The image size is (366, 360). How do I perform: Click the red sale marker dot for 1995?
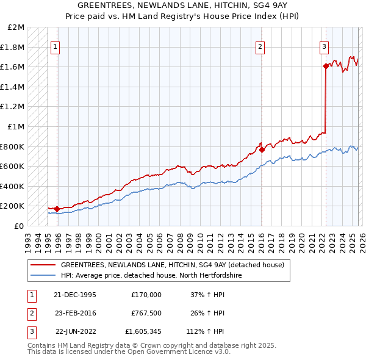57,209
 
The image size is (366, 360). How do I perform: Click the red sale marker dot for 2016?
261,149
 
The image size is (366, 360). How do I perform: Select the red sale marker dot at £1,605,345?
326,67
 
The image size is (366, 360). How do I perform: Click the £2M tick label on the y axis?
16,27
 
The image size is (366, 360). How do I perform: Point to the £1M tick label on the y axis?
16,126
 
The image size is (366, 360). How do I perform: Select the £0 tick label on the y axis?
19,226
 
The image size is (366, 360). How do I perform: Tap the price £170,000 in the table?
146,294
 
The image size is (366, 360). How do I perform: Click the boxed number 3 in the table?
31,332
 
